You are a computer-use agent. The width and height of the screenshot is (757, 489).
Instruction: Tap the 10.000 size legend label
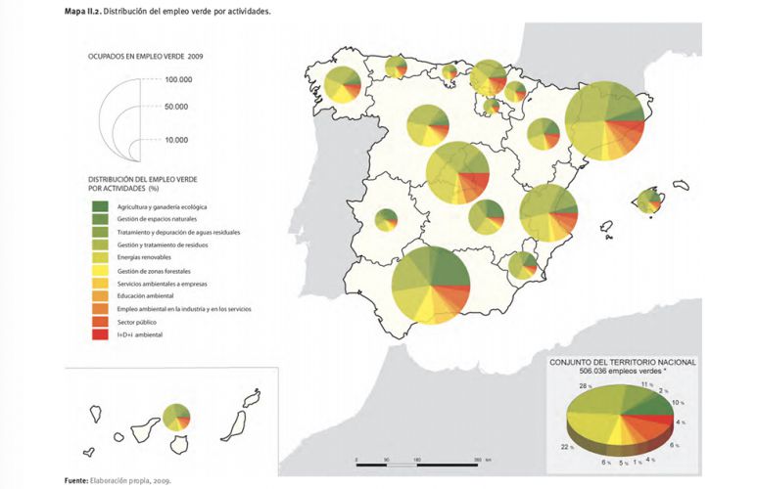point(176,140)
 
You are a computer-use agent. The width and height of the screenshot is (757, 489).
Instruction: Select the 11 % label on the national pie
point(647,386)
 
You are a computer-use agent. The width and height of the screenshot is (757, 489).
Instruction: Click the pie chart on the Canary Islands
point(176,417)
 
